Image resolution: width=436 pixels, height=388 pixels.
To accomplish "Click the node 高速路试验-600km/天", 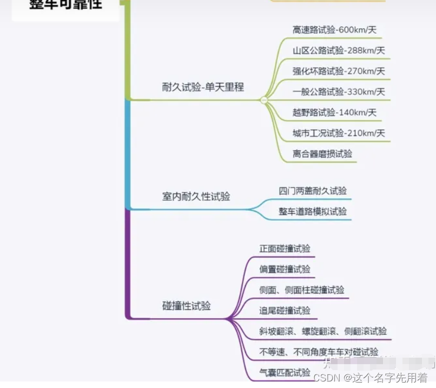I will [x=334, y=30].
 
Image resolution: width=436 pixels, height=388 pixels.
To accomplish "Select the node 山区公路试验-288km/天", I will [x=339, y=51].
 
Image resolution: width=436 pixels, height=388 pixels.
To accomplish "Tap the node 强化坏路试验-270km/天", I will [x=339, y=71].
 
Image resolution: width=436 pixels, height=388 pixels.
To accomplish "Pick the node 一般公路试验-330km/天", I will [x=339, y=92].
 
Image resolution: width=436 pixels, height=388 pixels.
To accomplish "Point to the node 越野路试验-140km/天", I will [x=334, y=113].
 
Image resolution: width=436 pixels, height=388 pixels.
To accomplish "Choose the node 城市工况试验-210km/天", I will [x=339, y=133].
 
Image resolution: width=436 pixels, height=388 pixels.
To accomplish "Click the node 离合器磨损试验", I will [x=322, y=154].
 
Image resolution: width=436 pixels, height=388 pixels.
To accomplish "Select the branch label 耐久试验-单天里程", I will [x=203, y=87].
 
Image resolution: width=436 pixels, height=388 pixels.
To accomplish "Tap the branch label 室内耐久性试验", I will [x=196, y=197].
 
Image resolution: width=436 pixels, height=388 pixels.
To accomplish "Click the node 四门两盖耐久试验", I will [x=313, y=191].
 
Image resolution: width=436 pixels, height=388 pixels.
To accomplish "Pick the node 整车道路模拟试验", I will [x=313, y=211].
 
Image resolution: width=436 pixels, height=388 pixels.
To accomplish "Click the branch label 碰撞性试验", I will [x=186, y=306].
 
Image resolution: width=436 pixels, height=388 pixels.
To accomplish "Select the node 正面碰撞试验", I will [x=285, y=249].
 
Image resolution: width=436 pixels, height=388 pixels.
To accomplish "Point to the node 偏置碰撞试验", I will [x=285, y=269].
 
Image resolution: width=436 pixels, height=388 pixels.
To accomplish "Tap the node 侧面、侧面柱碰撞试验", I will [x=301, y=290].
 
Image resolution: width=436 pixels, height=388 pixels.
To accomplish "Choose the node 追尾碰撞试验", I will [x=285, y=311].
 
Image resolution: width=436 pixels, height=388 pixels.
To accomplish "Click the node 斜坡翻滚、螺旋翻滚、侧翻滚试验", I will [x=323, y=331].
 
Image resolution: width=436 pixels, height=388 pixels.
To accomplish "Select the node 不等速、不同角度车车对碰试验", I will [x=319, y=352].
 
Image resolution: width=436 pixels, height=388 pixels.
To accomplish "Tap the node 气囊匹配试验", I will [x=285, y=372].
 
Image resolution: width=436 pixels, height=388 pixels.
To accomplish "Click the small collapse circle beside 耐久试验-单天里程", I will [x=264, y=100].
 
